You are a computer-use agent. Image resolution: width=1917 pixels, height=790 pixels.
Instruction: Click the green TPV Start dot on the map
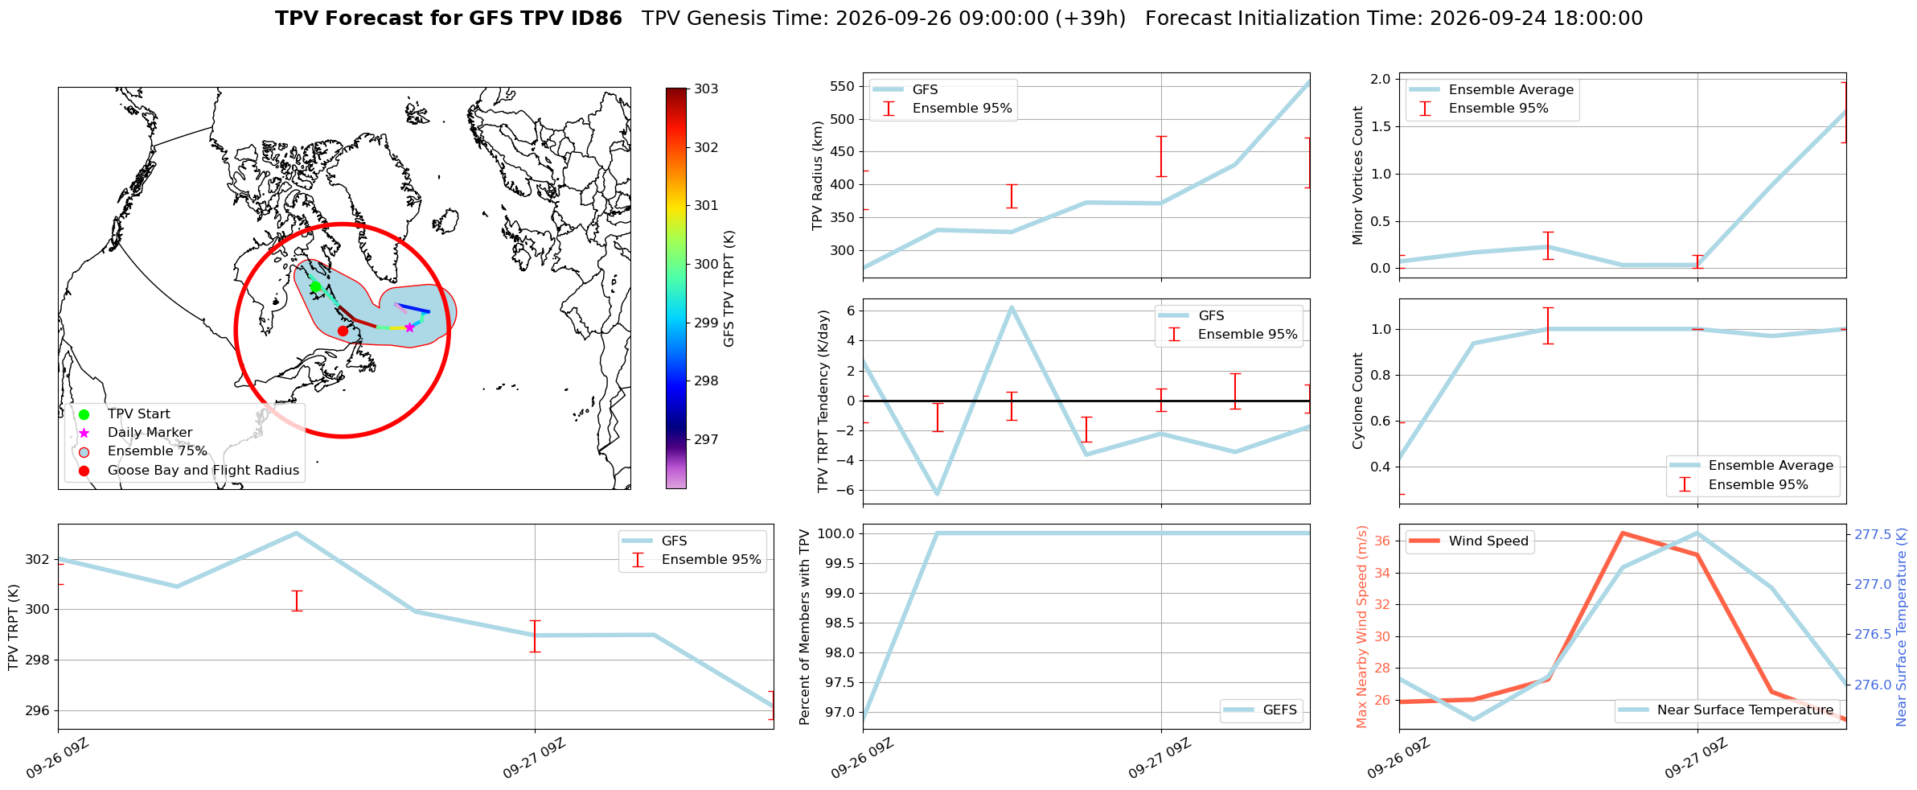315,286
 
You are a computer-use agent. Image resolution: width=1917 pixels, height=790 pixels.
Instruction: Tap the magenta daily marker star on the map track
409,327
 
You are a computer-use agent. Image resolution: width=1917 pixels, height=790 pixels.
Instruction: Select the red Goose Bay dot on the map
343,331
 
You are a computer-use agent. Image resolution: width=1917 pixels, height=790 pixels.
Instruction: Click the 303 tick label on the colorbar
706,88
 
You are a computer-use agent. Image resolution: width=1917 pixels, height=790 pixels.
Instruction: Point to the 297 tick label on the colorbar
706,439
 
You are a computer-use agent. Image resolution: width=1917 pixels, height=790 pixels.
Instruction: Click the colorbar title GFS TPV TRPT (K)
729,289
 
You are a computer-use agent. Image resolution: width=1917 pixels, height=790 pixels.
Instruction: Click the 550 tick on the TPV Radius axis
843,87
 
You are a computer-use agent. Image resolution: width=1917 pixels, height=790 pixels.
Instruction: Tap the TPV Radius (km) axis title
818,175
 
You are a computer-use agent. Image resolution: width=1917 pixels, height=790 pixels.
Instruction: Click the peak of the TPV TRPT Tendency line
1012,307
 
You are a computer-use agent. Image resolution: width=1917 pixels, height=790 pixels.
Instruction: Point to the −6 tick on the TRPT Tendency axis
848,491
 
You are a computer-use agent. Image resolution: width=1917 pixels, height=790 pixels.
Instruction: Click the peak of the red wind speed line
1623,533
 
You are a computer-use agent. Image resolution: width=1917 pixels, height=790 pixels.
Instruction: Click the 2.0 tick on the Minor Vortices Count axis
1381,79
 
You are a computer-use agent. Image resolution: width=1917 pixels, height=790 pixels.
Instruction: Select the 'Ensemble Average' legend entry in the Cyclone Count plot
1753,466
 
